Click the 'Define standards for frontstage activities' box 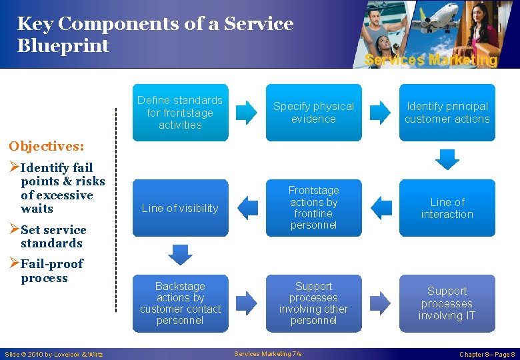point(180,112)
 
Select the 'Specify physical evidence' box point(313,112)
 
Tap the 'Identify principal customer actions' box point(447,112)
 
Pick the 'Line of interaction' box point(447,208)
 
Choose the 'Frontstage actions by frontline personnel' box point(313,208)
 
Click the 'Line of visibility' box point(180,208)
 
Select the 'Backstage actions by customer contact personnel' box point(180,303)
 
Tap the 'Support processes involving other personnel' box point(313,303)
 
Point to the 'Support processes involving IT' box point(447,303)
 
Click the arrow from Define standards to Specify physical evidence point(246,112)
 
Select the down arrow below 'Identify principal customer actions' point(447,159)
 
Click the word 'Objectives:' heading point(46,146)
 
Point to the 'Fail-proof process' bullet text point(48,271)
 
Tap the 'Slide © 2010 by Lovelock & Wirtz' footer point(53,354)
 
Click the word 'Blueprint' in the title point(63,46)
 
